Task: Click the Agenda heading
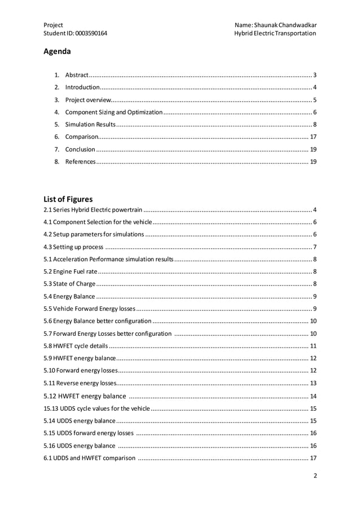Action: [57, 52]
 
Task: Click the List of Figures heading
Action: [68, 199]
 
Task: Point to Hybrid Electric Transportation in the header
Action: [275, 33]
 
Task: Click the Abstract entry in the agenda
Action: [77, 75]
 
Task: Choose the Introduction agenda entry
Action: [82, 87]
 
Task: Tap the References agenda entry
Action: [80, 162]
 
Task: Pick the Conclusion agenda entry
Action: [80, 150]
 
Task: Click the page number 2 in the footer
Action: [315, 476]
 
